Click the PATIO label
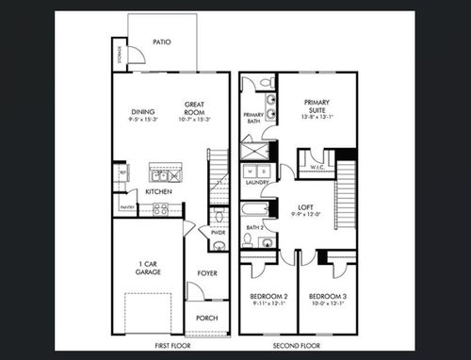(x=162, y=42)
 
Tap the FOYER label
(x=207, y=273)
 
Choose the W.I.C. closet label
(x=317, y=169)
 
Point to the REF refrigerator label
(x=122, y=173)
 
